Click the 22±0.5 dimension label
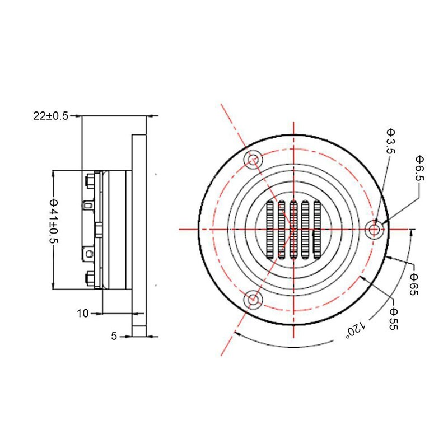click(x=51, y=116)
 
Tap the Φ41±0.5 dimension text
click(x=54, y=221)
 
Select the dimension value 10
click(x=83, y=314)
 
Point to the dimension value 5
click(x=114, y=336)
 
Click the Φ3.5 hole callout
click(x=390, y=141)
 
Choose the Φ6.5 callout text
click(x=419, y=169)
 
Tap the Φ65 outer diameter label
click(x=414, y=284)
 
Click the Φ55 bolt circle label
click(x=394, y=319)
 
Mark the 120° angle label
click(x=356, y=330)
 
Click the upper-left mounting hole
click(x=253, y=160)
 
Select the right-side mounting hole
click(x=374, y=230)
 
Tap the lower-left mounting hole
click(x=253, y=300)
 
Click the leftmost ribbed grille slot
click(x=270, y=230)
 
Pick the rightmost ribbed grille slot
click(x=317, y=230)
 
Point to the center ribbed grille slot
click(x=293, y=230)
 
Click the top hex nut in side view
click(x=90, y=181)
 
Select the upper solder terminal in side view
click(x=88, y=205)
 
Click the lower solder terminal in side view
click(x=88, y=254)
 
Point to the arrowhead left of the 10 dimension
click(x=99, y=314)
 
